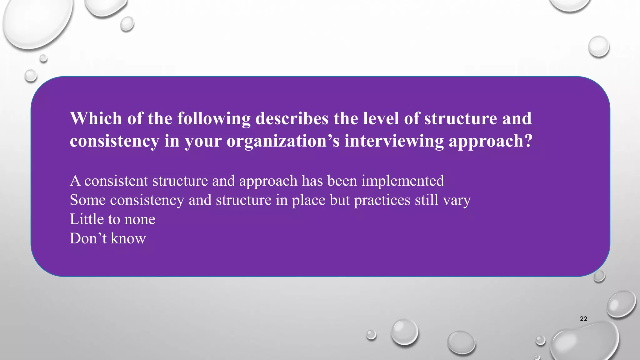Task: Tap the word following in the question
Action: [x=214, y=119]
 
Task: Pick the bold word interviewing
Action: [x=394, y=141]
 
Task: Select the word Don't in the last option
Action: [x=88, y=238]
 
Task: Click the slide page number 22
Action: [x=583, y=319]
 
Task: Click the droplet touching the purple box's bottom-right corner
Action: [x=599, y=276]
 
